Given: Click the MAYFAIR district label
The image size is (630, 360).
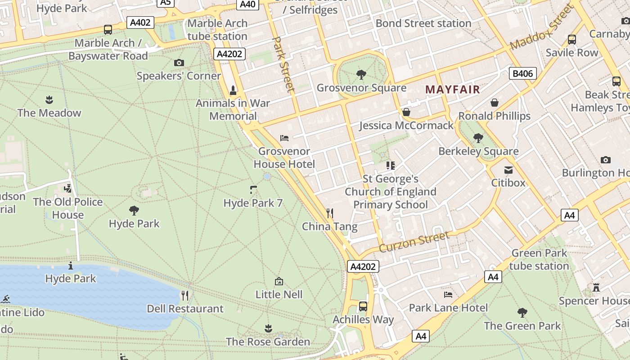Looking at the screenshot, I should point(453,89).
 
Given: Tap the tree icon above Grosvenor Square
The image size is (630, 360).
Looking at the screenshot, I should point(361,74).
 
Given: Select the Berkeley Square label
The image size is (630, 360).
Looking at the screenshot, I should point(478,151).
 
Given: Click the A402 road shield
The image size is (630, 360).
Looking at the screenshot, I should point(140,22).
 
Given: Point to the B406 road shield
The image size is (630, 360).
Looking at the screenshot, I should point(522,73).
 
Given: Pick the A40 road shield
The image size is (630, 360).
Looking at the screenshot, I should point(247,4).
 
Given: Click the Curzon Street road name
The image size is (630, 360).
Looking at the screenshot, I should point(414,242).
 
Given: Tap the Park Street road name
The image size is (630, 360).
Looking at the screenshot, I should point(284,65).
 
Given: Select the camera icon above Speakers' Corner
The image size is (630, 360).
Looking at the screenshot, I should point(179,63).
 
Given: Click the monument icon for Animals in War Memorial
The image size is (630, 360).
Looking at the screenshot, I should point(233,90).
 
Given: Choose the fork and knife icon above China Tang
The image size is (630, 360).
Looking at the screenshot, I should point(330,213).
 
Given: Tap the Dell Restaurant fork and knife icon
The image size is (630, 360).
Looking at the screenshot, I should point(185,295).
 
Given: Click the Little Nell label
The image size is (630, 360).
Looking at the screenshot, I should point(279,294).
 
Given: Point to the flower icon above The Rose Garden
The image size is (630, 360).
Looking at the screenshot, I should point(268,328).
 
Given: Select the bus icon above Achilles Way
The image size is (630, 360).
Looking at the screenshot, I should point(363,306).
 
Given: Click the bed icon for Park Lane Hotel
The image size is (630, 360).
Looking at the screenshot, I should point(448,295).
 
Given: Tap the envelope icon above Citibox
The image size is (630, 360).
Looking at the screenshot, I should point(508,170).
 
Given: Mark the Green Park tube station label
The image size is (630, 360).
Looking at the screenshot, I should point(539,260).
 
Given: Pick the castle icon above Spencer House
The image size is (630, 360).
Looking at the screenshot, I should point(596,287).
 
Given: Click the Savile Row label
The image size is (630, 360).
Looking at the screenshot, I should point(572,53).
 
